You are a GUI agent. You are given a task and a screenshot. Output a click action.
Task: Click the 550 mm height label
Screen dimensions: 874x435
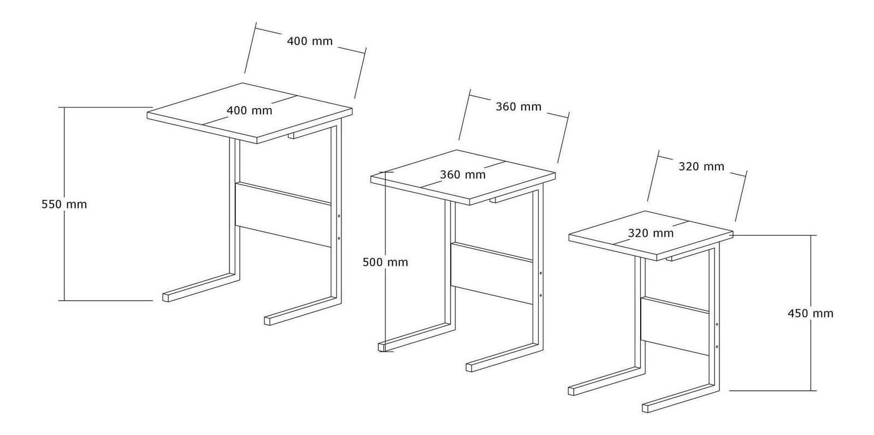pyautogui.click(x=64, y=204)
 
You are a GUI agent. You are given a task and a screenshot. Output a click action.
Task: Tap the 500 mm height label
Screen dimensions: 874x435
pyautogui.click(x=386, y=263)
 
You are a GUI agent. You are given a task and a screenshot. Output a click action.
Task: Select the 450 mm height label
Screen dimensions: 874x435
pyautogui.click(x=811, y=313)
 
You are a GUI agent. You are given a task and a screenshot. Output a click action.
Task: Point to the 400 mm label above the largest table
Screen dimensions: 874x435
pyautogui.click(x=310, y=41)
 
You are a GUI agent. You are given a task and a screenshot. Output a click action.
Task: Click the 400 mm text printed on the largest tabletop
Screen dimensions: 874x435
pyautogui.click(x=249, y=111)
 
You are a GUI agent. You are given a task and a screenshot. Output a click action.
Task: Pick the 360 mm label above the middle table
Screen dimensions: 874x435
pyautogui.click(x=518, y=106)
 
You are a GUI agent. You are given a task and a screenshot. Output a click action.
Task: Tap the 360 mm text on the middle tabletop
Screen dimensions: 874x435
pyautogui.click(x=463, y=175)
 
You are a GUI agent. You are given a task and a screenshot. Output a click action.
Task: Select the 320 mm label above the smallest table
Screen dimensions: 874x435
pyautogui.click(x=701, y=166)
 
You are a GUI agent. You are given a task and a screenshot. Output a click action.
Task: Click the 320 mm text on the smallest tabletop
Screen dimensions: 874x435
pyautogui.click(x=651, y=233)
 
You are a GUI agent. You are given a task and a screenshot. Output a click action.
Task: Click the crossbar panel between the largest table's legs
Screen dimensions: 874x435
pyautogui.click(x=283, y=214)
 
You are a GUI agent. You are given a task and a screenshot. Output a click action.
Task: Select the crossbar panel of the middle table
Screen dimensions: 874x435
pyautogui.click(x=492, y=273)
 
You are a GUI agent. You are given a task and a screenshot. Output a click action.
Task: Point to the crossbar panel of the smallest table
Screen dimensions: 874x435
pyautogui.click(x=675, y=326)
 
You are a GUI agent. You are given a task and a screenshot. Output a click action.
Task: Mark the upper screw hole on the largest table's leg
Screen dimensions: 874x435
pyautogui.click(x=339, y=216)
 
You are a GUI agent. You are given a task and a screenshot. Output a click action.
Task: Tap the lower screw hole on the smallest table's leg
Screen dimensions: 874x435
pyautogui.click(x=717, y=346)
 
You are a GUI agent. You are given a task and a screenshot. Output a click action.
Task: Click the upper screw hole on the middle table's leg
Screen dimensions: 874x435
pyautogui.click(x=540, y=273)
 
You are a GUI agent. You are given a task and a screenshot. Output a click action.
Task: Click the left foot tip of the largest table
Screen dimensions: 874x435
pyautogui.click(x=166, y=297)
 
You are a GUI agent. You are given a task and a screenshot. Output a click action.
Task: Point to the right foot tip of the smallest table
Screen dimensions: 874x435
pyautogui.click(x=646, y=408)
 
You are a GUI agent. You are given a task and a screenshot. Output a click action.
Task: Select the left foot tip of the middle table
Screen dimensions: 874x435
pyautogui.click(x=382, y=347)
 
